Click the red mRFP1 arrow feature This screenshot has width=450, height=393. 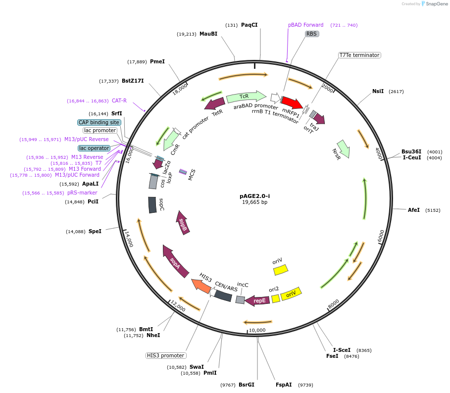click(x=292, y=102)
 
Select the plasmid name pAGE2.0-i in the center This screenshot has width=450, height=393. click(x=254, y=196)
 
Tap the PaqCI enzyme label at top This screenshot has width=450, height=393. click(x=249, y=25)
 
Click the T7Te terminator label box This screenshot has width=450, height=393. click(x=359, y=55)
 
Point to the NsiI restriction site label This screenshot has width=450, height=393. click(x=378, y=91)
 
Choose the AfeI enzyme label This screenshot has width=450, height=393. click(x=413, y=210)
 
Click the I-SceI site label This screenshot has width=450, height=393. click(x=342, y=350)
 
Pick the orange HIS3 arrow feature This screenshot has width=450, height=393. click(x=201, y=285)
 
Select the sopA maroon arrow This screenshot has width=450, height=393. click(x=175, y=260)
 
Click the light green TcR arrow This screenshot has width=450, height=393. click(x=246, y=97)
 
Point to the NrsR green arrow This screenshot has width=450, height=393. click(x=343, y=148)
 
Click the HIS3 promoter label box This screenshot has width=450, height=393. click(x=166, y=355)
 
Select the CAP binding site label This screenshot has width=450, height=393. click(x=99, y=122)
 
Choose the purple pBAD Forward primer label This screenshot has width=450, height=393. click(x=305, y=25)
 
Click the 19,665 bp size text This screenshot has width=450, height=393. click(x=254, y=202)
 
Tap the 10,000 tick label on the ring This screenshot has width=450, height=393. click(x=257, y=330)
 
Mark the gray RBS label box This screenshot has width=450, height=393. click(x=311, y=34)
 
